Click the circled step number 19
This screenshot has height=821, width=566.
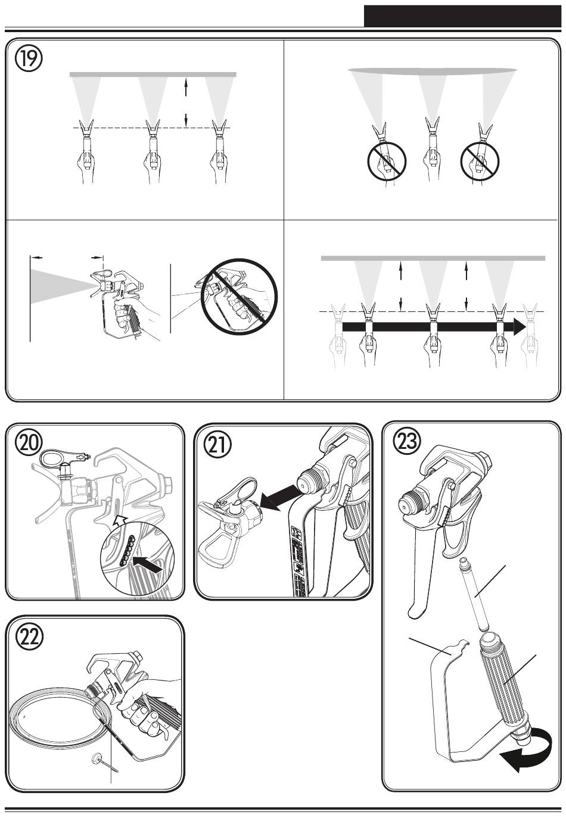click(29, 59)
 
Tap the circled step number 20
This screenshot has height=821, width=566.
click(29, 443)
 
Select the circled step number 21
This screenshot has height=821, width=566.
click(217, 444)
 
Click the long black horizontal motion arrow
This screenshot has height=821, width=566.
click(434, 326)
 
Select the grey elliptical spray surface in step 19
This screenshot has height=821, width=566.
click(433, 70)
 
